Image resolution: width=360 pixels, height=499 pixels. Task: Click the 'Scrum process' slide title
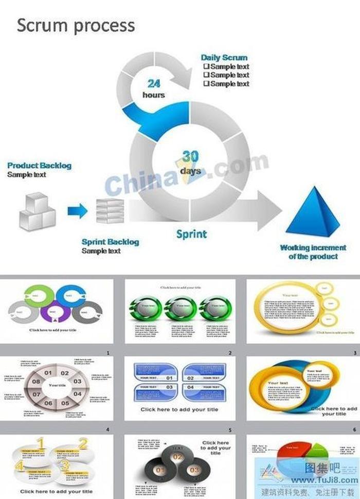(x=76, y=25)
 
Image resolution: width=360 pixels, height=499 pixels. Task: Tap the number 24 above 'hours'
(x=154, y=83)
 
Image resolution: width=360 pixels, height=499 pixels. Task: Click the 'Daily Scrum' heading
(x=224, y=58)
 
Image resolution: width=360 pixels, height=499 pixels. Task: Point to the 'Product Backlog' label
(x=40, y=166)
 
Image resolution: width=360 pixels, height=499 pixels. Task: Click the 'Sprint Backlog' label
(x=110, y=242)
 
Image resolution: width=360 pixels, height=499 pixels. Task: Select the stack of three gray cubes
(x=37, y=212)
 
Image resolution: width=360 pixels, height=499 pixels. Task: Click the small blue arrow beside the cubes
(x=77, y=210)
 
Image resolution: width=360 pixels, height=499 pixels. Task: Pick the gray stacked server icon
(x=110, y=211)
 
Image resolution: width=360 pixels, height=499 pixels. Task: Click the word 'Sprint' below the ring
(x=191, y=234)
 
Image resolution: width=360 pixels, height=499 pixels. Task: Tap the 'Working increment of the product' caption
(x=313, y=252)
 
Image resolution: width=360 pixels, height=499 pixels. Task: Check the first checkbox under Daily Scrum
(x=206, y=66)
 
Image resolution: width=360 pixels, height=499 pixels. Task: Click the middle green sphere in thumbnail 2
(x=180, y=308)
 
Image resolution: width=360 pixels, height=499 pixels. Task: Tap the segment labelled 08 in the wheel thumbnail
(x=36, y=382)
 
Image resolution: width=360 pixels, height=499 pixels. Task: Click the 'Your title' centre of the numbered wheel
(x=57, y=385)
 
